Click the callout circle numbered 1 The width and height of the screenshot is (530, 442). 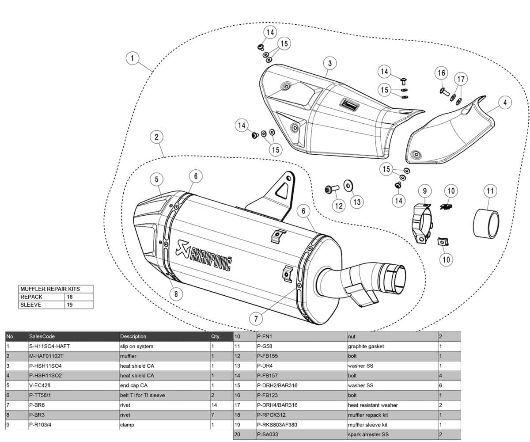click(x=132, y=58)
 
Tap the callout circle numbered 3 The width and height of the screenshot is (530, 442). click(x=329, y=63)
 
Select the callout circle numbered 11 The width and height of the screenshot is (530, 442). click(x=490, y=191)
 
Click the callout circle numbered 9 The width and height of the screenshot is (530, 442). click(x=424, y=191)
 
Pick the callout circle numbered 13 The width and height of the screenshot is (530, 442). click(x=357, y=202)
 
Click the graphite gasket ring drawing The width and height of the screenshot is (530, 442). click(x=486, y=224)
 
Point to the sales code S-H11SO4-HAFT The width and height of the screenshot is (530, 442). click(x=49, y=346)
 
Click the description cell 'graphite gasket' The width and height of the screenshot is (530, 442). click(x=366, y=346)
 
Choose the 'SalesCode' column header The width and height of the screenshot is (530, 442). click(x=42, y=336)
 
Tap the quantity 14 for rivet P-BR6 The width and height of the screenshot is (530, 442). click(x=215, y=405)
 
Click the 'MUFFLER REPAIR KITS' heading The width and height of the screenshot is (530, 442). click(x=50, y=289)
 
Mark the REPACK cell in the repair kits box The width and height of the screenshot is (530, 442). click(x=31, y=297)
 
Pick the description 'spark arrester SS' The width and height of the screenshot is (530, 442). click(x=368, y=434)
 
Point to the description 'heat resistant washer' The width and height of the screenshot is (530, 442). click(x=373, y=405)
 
